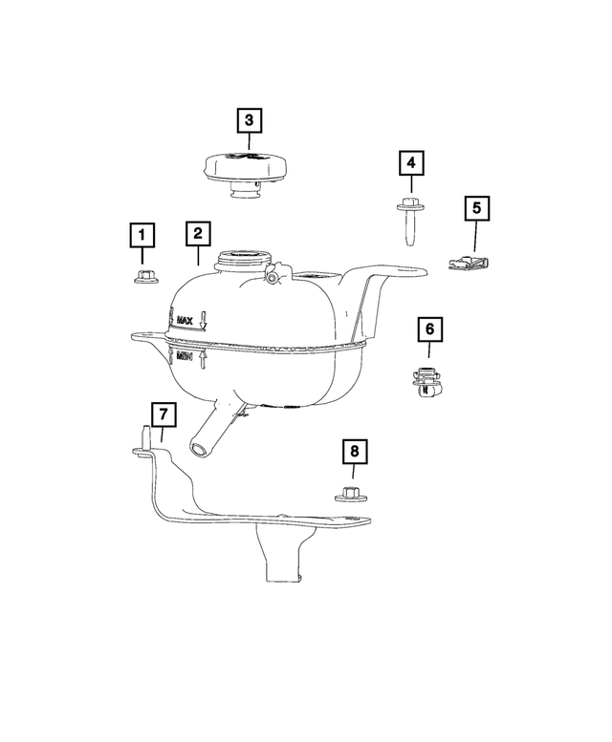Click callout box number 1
click(142, 235)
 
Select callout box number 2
click(197, 234)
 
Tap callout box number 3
click(249, 120)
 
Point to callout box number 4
click(411, 164)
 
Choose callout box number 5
click(476, 207)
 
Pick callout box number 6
click(429, 330)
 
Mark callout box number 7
click(164, 415)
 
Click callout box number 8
click(354, 451)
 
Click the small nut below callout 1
click(143, 277)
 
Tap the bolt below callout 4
click(410, 224)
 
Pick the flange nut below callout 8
click(350, 495)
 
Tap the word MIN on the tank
click(186, 359)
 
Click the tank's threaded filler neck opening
click(243, 258)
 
